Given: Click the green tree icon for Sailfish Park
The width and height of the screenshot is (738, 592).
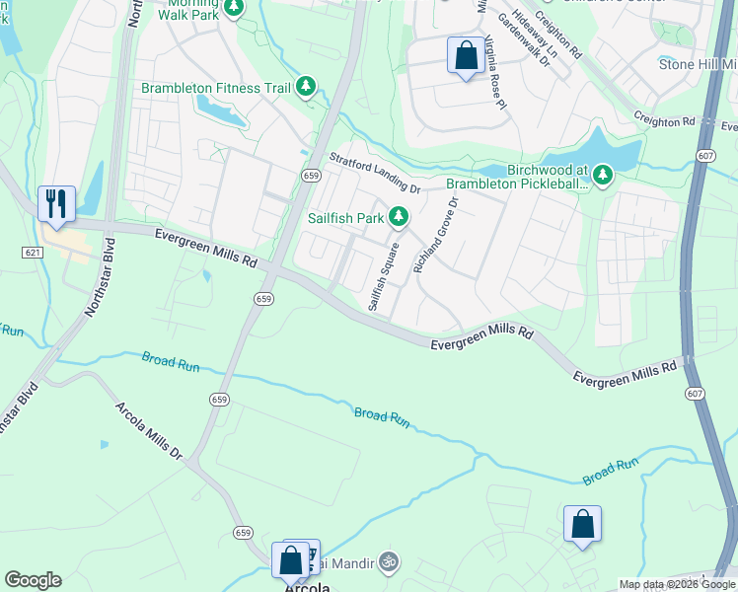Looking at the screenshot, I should pyautogui.click(x=399, y=215).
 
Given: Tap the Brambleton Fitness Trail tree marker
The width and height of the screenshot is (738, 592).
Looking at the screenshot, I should pyautogui.click(x=306, y=88).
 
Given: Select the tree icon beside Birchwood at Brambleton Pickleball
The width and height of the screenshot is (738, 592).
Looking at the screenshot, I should pyautogui.click(x=603, y=176).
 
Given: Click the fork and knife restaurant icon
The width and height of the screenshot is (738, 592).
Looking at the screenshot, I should pyautogui.click(x=55, y=204).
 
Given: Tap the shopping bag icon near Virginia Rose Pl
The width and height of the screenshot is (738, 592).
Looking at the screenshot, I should pyautogui.click(x=465, y=55).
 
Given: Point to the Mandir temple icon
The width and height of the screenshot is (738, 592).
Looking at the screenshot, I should pyautogui.click(x=390, y=562).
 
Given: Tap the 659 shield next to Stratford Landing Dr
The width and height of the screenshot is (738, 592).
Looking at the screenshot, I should pyautogui.click(x=310, y=175).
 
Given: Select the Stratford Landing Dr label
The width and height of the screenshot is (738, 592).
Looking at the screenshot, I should pyautogui.click(x=375, y=173).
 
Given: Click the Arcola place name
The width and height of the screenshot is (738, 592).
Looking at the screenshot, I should pyautogui.click(x=307, y=585).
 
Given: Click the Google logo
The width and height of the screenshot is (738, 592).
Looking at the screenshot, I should pyautogui.click(x=33, y=580).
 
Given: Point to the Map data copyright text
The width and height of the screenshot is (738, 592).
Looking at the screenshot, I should pyautogui.click(x=677, y=584).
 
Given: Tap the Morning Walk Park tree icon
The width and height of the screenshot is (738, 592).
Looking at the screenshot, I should pyautogui.click(x=234, y=9).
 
